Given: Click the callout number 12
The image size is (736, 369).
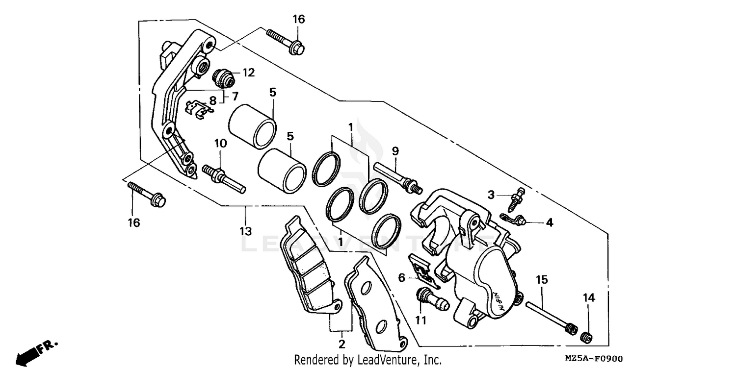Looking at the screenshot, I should tap(248, 73).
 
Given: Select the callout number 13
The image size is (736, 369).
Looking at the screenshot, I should tap(245, 231).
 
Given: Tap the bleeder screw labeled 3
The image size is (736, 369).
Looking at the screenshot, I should tap(516, 197).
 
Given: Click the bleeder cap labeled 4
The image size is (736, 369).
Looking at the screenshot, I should tap(514, 219).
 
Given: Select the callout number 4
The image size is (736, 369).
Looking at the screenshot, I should tap(549, 222).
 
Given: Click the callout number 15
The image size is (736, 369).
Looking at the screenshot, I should tap(541, 280).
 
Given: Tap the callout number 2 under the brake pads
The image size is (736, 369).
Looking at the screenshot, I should tap(342, 344).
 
